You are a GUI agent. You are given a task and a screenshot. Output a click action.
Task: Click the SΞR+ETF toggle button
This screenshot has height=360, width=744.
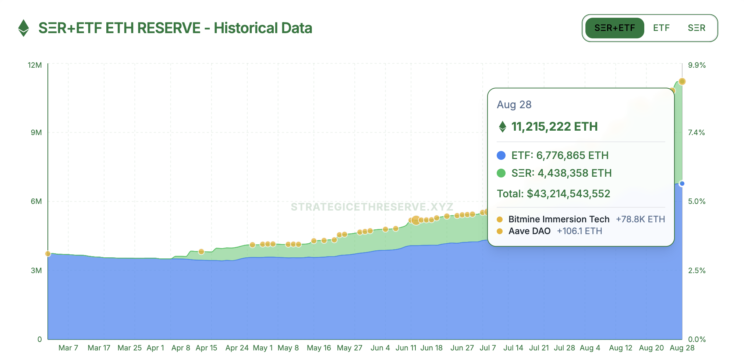pos(614,28)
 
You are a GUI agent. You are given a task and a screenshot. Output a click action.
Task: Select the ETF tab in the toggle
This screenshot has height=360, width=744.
pos(661,28)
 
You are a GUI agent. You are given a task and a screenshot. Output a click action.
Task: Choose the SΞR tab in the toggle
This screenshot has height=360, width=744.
pos(696,28)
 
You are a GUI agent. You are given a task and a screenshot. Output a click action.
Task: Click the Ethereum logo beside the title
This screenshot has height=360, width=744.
pos(24,28)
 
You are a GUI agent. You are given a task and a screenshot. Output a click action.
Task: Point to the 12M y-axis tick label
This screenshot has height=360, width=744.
pos(35,65)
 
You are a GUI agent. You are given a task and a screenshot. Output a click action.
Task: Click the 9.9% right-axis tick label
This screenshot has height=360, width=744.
pos(697,65)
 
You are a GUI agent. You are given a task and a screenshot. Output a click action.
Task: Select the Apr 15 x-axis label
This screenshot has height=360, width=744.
pos(206,348)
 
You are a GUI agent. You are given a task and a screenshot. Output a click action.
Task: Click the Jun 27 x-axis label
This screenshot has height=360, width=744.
pos(462,348)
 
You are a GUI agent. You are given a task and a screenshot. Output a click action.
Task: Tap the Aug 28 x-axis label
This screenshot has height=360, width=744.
pos(682,348)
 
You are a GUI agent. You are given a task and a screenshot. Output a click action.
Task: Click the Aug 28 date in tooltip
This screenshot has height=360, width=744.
pos(514,105)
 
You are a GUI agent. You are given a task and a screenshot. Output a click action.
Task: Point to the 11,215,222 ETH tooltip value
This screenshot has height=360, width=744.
pos(554,127)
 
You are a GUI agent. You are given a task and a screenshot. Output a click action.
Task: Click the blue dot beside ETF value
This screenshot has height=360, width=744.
pos(501,155)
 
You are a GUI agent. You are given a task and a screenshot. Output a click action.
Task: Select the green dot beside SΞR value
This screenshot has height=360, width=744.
pos(501,173)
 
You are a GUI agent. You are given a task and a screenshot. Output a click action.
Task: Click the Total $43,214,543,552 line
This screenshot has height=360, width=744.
pos(553,194)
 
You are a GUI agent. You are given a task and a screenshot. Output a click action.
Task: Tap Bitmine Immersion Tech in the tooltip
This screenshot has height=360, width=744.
pos(559,219)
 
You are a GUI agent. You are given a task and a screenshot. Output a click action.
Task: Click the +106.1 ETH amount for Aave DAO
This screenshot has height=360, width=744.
pos(579,231)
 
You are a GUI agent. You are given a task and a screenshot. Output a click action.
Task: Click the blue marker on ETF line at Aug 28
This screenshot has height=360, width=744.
pos(682,184)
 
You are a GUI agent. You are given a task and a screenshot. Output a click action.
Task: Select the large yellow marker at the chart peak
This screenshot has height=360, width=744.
pos(682,81)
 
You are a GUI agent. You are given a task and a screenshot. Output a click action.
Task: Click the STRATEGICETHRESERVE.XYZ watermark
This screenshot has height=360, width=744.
pos(372,207)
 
